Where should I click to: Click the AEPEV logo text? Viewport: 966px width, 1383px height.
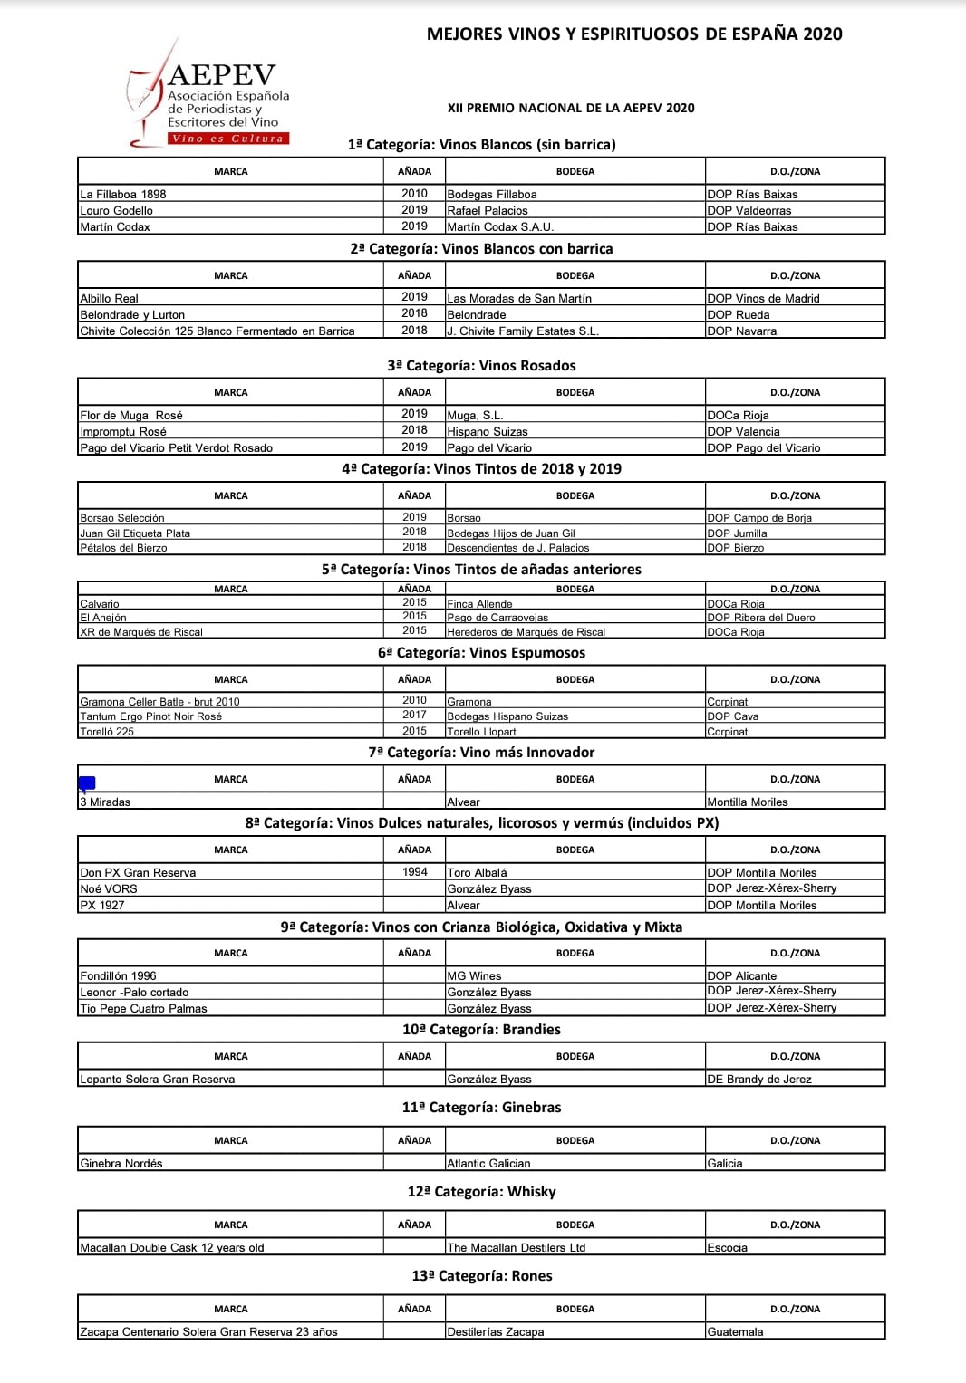click(221, 75)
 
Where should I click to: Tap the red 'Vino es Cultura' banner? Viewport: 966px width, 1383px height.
click(227, 139)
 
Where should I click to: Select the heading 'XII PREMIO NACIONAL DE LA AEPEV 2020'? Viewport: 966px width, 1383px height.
click(571, 108)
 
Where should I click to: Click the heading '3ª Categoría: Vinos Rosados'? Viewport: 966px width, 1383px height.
click(481, 366)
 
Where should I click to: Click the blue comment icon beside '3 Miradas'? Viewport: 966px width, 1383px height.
click(87, 783)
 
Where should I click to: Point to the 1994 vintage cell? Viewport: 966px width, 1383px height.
click(415, 871)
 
